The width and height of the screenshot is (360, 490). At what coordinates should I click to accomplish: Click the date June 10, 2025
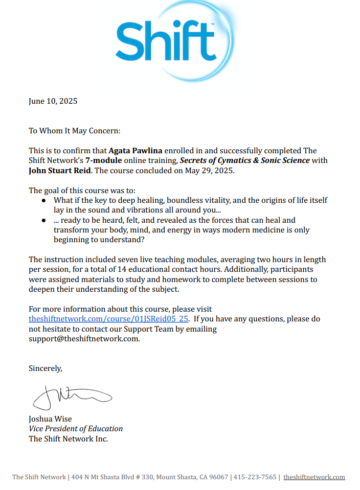point(53,101)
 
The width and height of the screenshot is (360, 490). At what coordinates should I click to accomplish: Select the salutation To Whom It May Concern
point(75,131)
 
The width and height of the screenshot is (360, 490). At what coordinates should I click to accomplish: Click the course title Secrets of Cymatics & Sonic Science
point(244,160)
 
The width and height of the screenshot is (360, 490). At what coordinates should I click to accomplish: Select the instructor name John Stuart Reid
point(57,170)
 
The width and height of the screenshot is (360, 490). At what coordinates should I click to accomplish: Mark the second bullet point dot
point(44,221)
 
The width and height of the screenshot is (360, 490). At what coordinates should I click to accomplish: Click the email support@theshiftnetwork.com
point(84,338)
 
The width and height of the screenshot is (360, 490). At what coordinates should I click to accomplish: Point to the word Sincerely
point(46,368)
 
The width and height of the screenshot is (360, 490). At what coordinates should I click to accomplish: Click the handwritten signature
point(72,396)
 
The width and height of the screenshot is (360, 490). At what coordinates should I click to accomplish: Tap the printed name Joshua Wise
point(50,419)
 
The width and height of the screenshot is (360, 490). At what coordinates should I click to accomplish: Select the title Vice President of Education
point(76,429)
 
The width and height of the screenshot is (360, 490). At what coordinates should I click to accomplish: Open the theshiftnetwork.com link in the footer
point(314,477)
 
